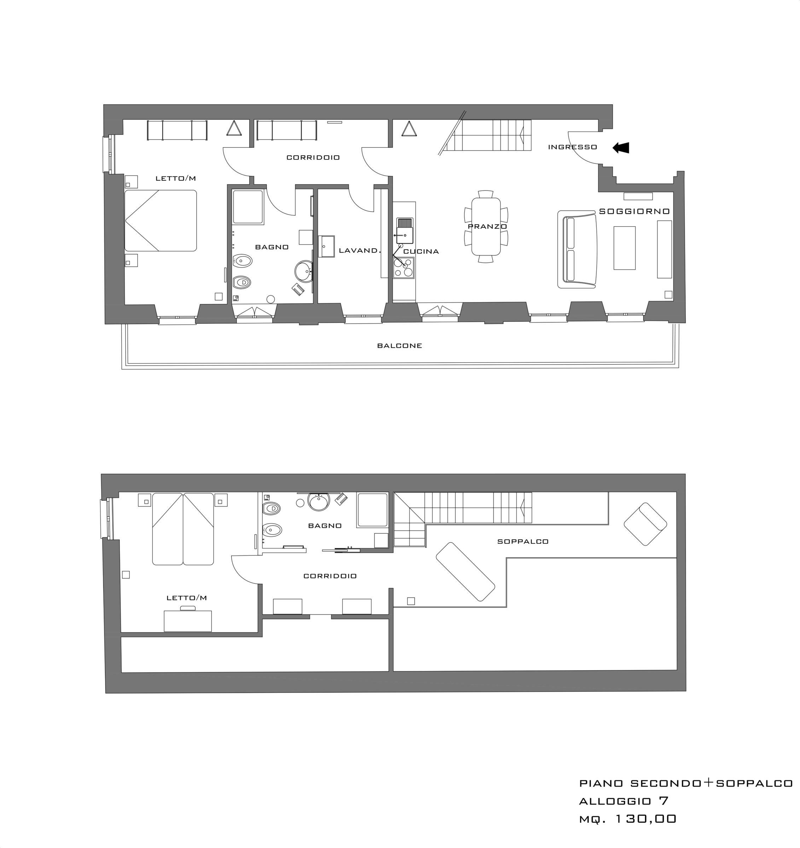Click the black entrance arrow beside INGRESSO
click(621, 148)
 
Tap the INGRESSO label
click(573, 147)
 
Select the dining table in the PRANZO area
click(486, 226)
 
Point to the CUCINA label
click(421, 252)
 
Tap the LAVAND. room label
click(359, 251)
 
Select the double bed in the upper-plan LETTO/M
click(161, 220)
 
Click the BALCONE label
click(400, 346)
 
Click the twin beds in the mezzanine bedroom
click(183, 529)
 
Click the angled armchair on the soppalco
click(645, 524)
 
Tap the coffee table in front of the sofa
click(624, 248)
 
